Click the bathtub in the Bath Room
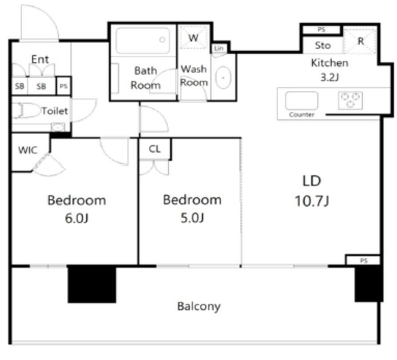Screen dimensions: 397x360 [x=143, y=40]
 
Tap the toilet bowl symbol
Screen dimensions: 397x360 [x=27, y=110]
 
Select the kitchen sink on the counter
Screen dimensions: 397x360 [x=301, y=101]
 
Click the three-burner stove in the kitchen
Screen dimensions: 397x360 [x=350, y=101]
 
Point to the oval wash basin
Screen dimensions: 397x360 [x=223, y=78]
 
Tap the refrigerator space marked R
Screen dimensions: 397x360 [x=360, y=41]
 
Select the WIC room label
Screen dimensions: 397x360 [x=28, y=150]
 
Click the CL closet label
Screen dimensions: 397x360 [x=154, y=149]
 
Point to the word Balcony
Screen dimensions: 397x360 [x=198, y=306]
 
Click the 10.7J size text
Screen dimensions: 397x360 [x=312, y=202]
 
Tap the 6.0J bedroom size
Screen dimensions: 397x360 [x=77, y=218]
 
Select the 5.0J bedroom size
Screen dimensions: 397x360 [x=192, y=218]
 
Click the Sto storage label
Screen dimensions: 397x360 [x=323, y=45]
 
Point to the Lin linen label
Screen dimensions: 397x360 [x=219, y=48]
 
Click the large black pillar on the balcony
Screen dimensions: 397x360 [x=92, y=284]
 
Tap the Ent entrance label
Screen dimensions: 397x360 [x=40, y=60]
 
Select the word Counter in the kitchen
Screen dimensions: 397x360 [x=301, y=115]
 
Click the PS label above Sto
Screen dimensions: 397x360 [x=321, y=30]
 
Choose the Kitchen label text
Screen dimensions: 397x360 [x=329, y=63]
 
